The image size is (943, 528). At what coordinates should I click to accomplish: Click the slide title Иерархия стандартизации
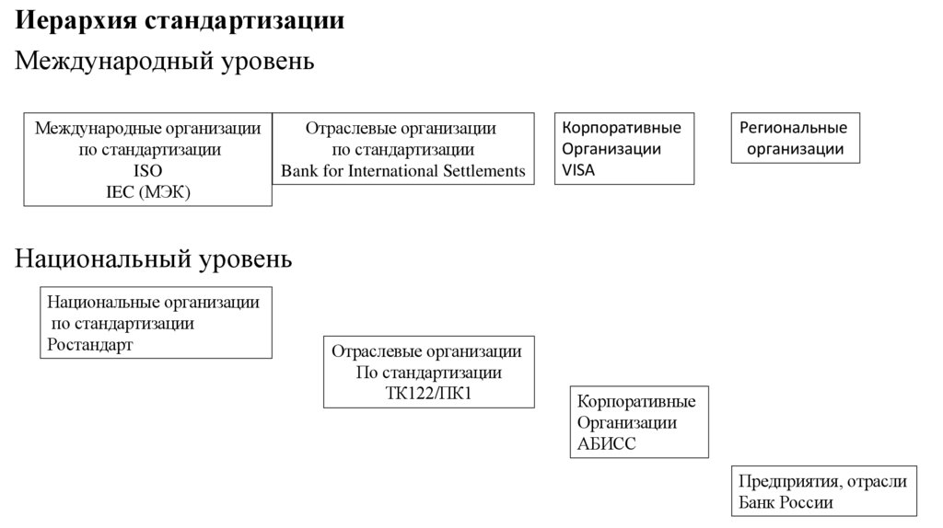[180, 20]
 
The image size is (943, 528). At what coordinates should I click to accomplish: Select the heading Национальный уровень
[155, 259]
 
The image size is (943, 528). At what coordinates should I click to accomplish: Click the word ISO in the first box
[147, 170]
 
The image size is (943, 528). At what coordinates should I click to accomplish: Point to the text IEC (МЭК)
[147, 191]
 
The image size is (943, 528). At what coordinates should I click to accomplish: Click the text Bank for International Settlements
[403, 170]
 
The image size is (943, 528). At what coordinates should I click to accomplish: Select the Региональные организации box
[795, 138]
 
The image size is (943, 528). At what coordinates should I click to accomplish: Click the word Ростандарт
[89, 345]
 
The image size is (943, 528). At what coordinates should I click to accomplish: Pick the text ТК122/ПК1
[428, 394]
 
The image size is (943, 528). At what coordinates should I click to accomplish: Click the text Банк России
[786, 502]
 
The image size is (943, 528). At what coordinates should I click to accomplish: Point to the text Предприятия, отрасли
[822, 481]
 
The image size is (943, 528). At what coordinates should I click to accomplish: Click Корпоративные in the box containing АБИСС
[636, 402]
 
